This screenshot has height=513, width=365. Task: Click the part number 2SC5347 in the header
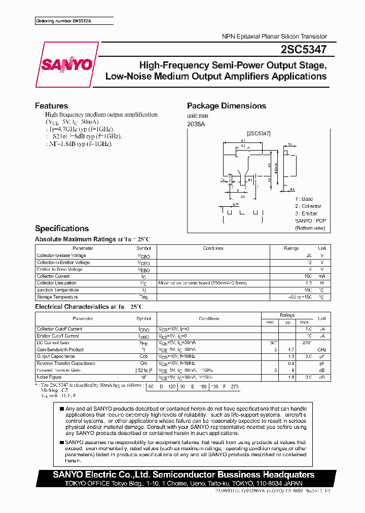click(302, 49)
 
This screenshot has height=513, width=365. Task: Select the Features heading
click(51, 106)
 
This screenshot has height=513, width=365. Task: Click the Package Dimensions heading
click(226, 106)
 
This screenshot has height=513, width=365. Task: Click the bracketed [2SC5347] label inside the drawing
click(259, 133)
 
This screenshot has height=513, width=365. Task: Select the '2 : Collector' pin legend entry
click(308, 206)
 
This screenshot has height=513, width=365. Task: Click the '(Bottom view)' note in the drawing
click(310, 228)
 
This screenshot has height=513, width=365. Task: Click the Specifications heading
click(62, 229)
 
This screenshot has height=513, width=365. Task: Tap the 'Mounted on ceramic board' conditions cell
click(202, 283)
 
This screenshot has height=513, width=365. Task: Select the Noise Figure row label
click(49, 377)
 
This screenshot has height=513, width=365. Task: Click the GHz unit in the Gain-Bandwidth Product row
click(321, 350)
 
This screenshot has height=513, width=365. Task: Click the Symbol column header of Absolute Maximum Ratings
click(143, 248)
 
